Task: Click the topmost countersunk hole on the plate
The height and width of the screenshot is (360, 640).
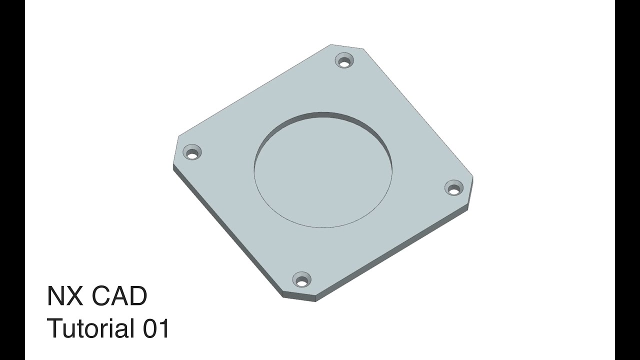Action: tap(344, 61)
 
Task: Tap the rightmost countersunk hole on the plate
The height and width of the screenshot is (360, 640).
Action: tap(453, 189)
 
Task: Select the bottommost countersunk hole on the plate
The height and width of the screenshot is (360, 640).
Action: tap(301, 281)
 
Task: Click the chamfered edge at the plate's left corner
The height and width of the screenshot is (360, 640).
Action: tap(175, 150)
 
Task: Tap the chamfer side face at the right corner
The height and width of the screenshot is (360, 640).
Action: tap(470, 192)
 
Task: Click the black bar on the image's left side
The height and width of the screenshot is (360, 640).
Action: tap(12, 180)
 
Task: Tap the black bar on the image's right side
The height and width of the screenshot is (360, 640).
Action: tap(627, 180)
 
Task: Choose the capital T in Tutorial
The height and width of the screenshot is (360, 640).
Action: tap(54, 329)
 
